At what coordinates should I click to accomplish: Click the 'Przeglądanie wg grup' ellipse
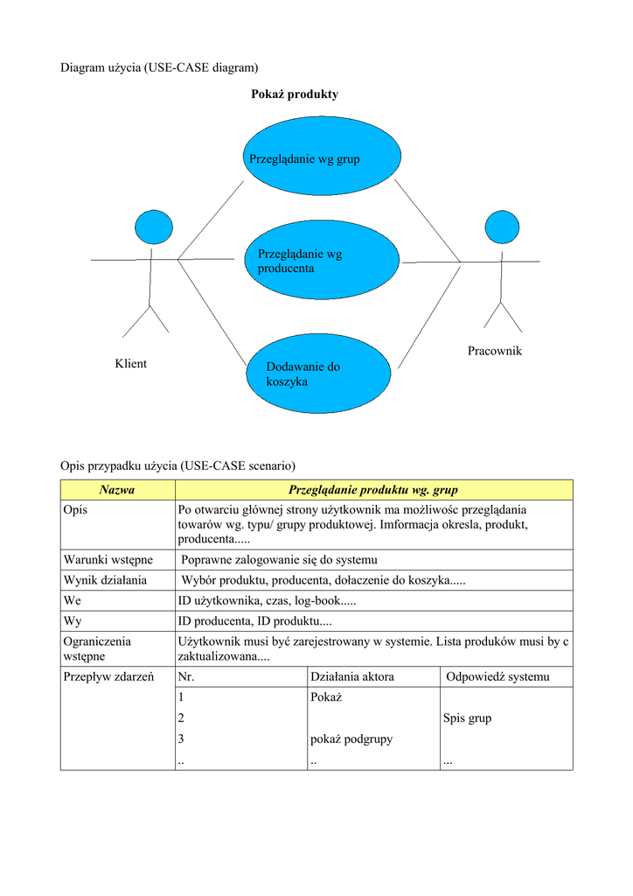pyautogui.click(x=322, y=158)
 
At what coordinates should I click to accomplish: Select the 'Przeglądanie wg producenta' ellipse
pyautogui.click(x=322, y=261)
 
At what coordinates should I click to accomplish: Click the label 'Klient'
pyautogui.click(x=130, y=364)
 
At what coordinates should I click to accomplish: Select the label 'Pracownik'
pyautogui.click(x=494, y=351)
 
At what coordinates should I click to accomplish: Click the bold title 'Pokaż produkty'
pyautogui.click(x=295, y=94)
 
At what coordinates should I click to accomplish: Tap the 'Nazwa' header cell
pyautogui.click(x=117, y=490)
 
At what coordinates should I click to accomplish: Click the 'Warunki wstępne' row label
pyautogui.click(x=108, y=559)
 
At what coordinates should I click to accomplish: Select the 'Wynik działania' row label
pyautogui.click(x=105, y=580)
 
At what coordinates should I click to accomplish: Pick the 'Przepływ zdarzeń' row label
pyautogui.click(x=109, y=676)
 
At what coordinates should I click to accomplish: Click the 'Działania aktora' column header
pyautogui.click(x=352, y=676)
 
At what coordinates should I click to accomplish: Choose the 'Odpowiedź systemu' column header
pyautogui.click(x=497, y=676)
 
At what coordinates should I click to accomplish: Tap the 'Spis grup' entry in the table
pyautogui.click(x=467, y=718)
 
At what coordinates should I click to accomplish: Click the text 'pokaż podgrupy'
pyautogui.click(x=351, y=738)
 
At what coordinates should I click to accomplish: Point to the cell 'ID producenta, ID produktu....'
pyautogui.click(x=254, y=621)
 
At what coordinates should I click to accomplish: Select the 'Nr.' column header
pyautogui.click(x=185, y=676)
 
